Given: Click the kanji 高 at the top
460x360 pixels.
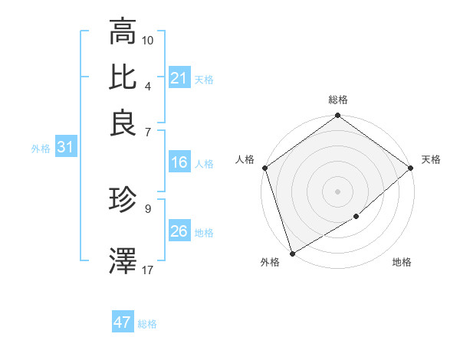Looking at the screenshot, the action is tap(123, 32).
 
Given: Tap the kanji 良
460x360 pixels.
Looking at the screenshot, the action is tap(123, 123).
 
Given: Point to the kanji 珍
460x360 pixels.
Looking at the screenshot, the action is tap(123, 201).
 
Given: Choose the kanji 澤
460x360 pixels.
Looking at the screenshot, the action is tap(123, 260).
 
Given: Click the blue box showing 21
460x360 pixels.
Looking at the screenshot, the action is tap(179, 78).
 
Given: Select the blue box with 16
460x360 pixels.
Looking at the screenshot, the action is tap(179, 162).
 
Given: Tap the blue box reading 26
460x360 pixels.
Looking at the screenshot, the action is tap(179, 231).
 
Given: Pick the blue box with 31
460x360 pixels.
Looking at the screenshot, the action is tap(65, 148).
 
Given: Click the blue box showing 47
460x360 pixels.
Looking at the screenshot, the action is tap(123, 322).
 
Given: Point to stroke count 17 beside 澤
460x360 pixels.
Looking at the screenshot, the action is tap(148, 269).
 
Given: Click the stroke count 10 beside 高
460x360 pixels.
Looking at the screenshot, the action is tap(148, 39).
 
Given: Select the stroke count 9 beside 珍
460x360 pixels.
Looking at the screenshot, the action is tap(148, 208).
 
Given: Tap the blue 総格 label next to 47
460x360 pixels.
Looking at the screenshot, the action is tap(147, 324).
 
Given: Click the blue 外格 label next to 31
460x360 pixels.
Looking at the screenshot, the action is tap(41, 149).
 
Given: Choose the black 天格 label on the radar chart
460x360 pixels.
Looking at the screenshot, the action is tap(431, 159).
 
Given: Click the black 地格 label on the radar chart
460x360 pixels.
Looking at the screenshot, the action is tap(402, 263).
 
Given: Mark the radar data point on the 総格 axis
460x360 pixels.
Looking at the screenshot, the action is tap(337, 116).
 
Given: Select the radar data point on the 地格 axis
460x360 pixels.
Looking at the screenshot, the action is tap(356, 217).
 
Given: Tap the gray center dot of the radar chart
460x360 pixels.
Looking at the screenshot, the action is tap(337, 191).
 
